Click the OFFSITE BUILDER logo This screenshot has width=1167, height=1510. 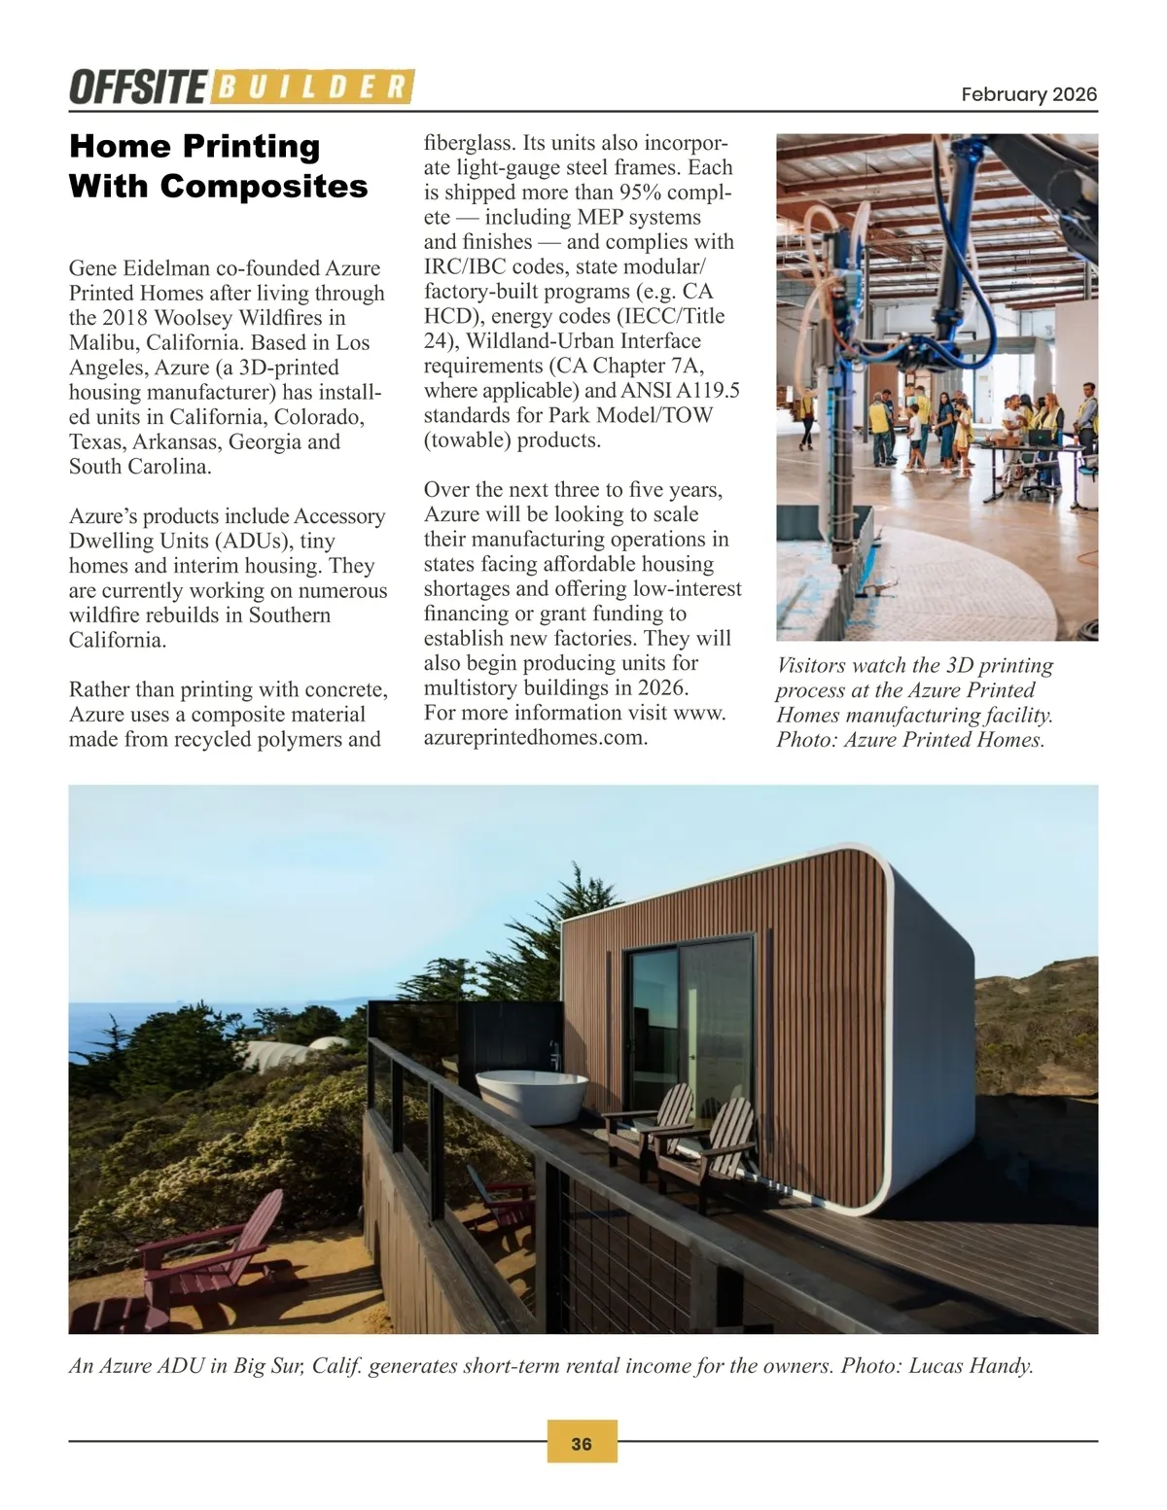pos(241,87)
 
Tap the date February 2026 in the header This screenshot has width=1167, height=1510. pos(1028,94)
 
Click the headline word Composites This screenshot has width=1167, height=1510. pos(264,186)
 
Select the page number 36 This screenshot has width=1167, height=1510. pos(582,1444)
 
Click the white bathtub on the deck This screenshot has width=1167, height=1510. pos(531,1096)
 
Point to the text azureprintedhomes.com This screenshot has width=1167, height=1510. pos(535,737)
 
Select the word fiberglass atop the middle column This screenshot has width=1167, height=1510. pos(469,143)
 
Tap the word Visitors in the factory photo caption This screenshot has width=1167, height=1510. pos(814,666)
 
